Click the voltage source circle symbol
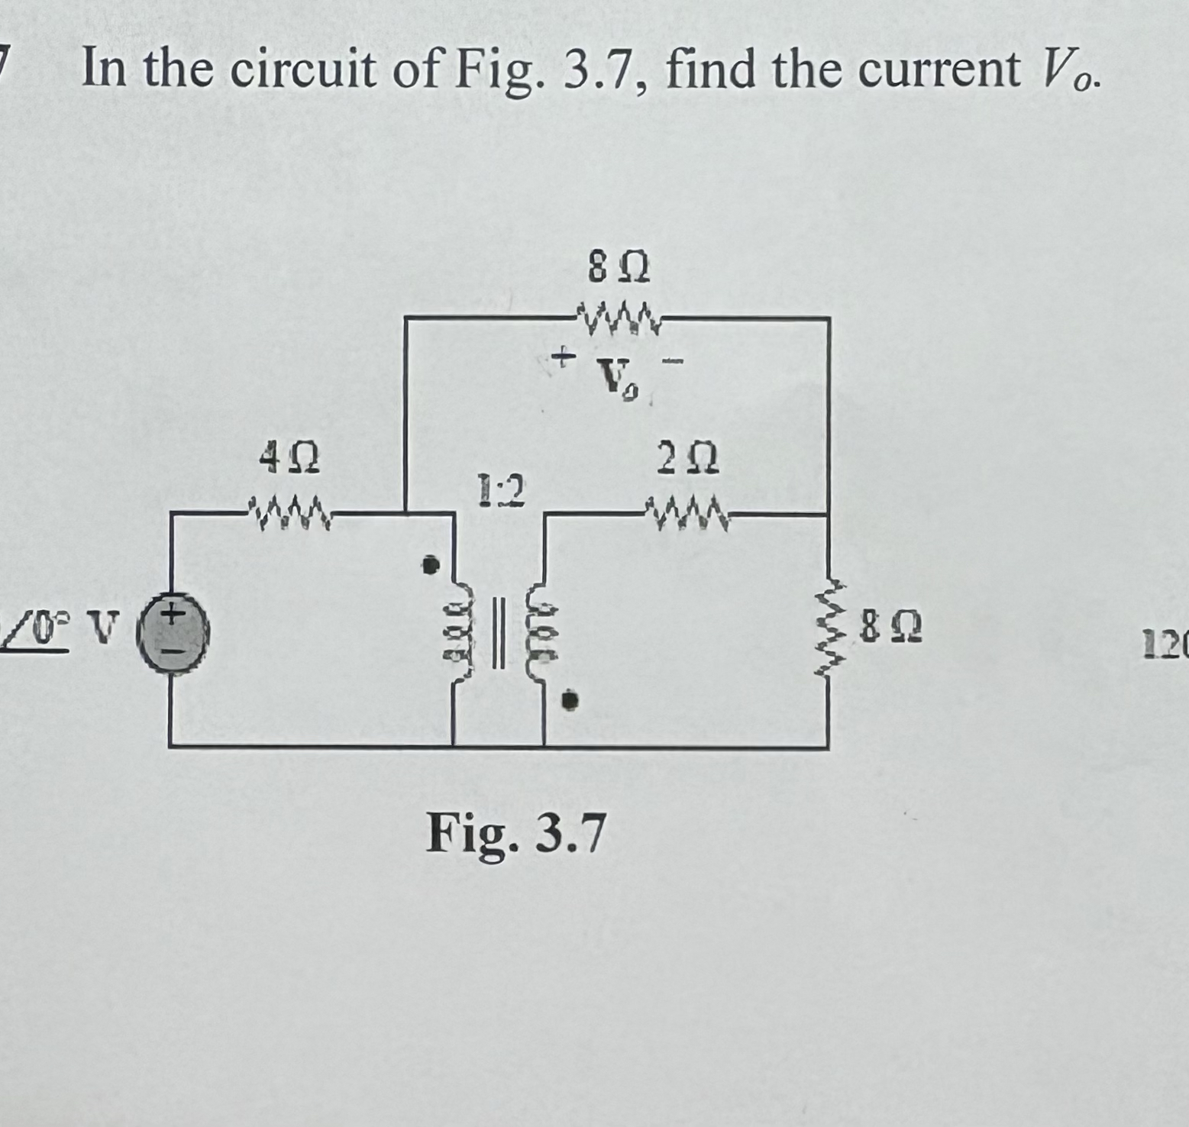173,634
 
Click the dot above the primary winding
432,565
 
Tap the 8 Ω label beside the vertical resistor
890,631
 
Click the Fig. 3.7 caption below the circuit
516,835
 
